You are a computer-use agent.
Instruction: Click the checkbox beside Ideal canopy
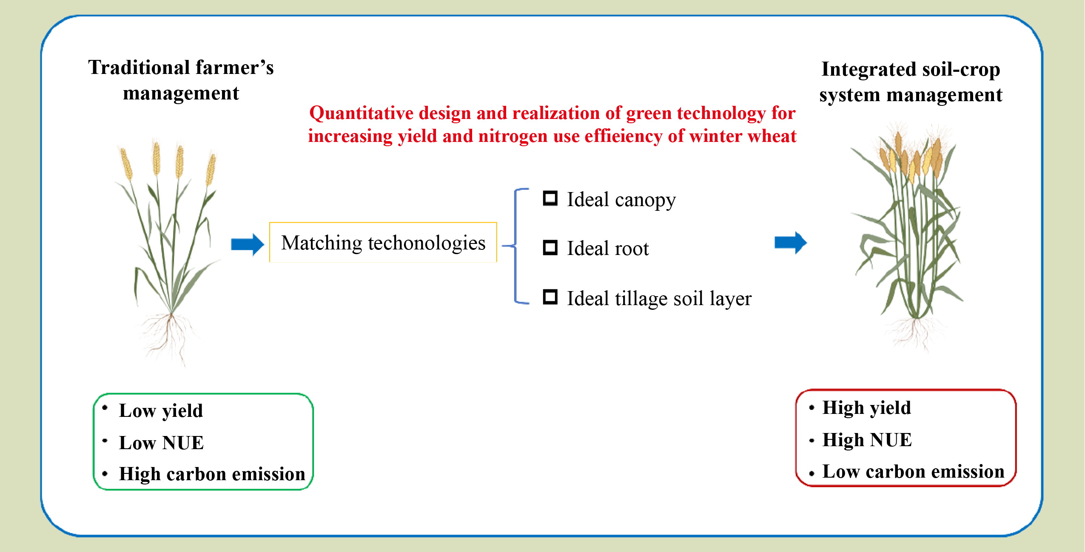pos(550,198)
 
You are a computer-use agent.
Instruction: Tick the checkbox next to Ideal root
pos(550,248)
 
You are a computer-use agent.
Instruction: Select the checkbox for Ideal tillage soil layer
pos(550,297)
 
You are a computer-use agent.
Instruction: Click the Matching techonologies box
pos(383,242)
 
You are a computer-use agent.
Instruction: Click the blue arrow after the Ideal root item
pos(791,243)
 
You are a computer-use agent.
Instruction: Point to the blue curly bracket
pos(516,246)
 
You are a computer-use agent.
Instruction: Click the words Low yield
pos(161,410)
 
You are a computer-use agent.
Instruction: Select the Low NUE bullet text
pos(161,443)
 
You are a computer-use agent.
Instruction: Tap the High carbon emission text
pos(212,474)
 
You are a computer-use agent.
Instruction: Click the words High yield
pos(867,408)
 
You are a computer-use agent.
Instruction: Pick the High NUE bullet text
pos(867,440)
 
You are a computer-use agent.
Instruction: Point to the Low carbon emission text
pos(914,472)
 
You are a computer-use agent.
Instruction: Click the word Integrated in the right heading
pos(863,70)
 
